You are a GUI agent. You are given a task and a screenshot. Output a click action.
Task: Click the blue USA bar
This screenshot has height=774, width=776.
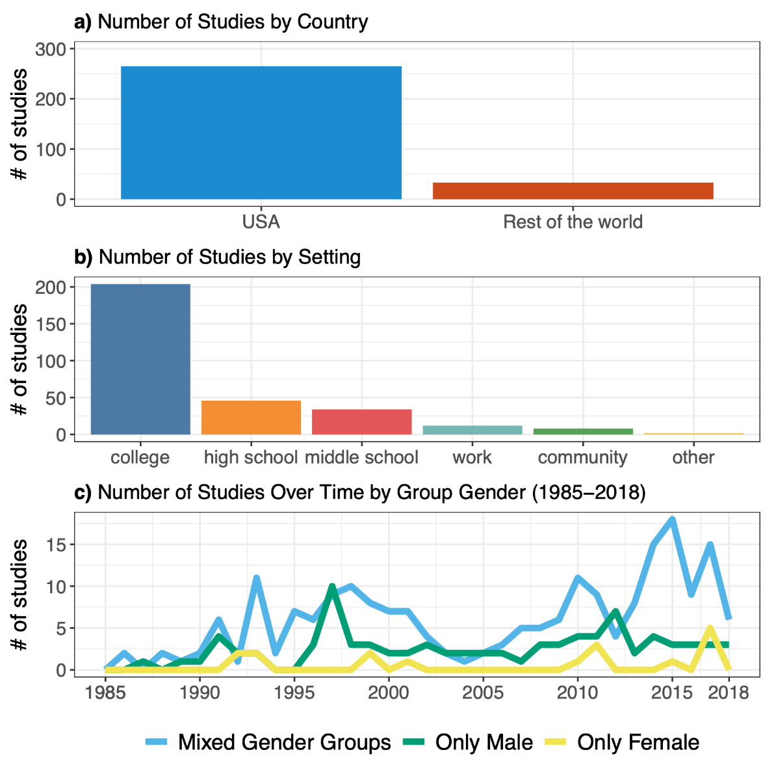pyautogui.click(x=261, y=133)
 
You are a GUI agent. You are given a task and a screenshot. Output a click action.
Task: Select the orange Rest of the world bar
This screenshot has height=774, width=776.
pyautogui.click(x=573, y=191)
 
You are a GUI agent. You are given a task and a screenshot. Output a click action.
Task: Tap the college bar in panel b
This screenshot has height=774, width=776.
pyautogui.click(x=140, y=359)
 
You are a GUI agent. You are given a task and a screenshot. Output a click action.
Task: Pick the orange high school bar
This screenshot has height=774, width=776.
pyautogui.click(x=251, y=418)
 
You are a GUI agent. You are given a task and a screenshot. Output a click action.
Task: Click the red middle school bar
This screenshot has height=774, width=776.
pyautogui.click(x=361, y=421)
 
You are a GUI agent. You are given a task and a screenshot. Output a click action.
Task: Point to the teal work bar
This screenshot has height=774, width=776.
pyautogui.click(x=472, y=430)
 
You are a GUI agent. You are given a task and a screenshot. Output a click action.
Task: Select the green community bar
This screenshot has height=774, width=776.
pyautogui.click(x=583, y=431)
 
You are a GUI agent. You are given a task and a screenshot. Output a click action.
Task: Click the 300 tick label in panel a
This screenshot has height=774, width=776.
pyautogui.click(x=51, y=49)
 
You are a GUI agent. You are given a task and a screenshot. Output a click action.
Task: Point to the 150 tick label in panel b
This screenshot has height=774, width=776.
pyautogui.click(x=51, y=324)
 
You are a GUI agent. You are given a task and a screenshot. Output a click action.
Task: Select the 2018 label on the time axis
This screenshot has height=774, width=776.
pyautogui.click(x=729, y=692)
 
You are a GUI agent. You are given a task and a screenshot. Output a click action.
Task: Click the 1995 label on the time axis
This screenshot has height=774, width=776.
pyautogui.click(x=294, y=692)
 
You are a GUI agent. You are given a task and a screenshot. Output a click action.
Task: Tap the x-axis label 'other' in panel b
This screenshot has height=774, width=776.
pyautogui.click(x=693, y=457)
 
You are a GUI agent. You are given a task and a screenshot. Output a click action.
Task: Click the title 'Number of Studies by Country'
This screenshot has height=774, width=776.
pyautogui.click(x=233, y=22)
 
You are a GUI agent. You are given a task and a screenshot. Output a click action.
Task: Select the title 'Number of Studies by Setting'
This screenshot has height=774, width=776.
pyautogui.click(x=229, y=258)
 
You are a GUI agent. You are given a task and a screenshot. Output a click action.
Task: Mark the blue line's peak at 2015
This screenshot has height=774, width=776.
pyautogui.click(x=672, y=519)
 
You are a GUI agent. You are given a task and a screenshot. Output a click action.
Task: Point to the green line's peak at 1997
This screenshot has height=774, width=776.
pyautogui.click(x=332, y=587)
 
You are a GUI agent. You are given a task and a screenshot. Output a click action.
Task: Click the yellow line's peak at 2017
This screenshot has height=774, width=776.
pyautogui.click(x=710, y=628)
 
